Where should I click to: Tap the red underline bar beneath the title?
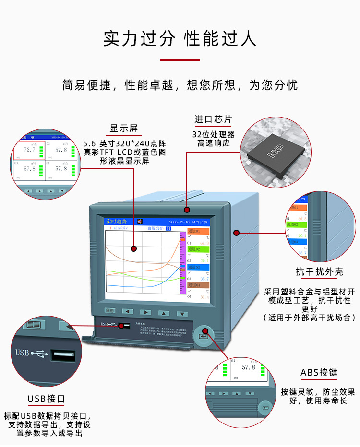pyautogui.click(x=180, y=59)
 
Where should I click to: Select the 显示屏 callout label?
pyautogui.click(x=123, y=129)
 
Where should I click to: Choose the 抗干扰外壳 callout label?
pyautogui.click(x=319, y=272)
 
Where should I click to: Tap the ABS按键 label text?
pyautogui.click(x=319, y=373)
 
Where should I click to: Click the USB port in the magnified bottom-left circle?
pyautogui.click(x=63, y=356)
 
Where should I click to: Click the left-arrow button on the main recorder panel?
pyautogui.click(x=128, y=311)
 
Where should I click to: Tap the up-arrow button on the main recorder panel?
pyautogui.click(x=164, y=313)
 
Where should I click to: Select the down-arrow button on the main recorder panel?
pyautogui.click(x=181, y=313)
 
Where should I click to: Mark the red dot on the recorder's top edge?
pyautogui.click(x=187, y=210)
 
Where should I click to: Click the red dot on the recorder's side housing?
pyautogui.click(x=236, y=233)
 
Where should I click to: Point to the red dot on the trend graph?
pyautogui.click(x=133, y=248)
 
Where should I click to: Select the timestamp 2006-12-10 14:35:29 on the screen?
pyautogui.click(x=188, y=222)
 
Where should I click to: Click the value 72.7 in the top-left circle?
pyautogui.click(x=30, y=150)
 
